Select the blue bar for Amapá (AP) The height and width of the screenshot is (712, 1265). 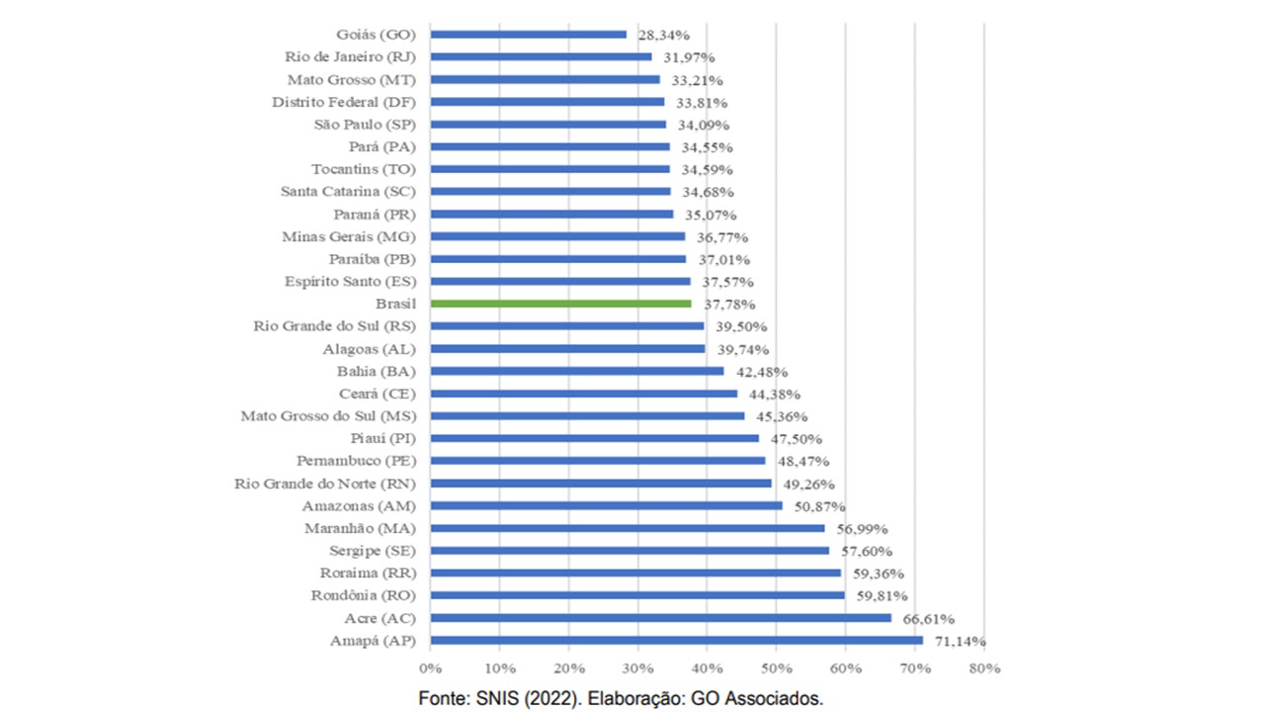click(x=676, y=640)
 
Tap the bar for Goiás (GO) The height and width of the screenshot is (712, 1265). click(x=529, y=35)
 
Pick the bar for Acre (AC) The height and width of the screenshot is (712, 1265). click(x=660, y=618)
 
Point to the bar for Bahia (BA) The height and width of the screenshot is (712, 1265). click(x=577, y=371)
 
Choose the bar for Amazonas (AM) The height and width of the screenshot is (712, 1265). click(x=606, y=505)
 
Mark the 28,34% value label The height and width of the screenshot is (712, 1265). click(x=664, y=35)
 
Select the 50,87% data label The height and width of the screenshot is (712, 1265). click(x=816, y=506)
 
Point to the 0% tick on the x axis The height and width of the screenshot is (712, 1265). click(x=430, y=668)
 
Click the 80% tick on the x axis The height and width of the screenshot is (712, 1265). click(x=984, y=668)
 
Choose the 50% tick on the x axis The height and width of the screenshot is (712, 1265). click(x=776, y=668)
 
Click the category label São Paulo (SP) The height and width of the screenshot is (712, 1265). click(x=364, y=125)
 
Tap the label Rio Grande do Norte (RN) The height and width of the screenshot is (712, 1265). click(x=324, y=484)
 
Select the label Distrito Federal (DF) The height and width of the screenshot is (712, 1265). click(x=343, y=102)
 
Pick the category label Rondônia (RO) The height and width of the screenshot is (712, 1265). click(x=364, y=595)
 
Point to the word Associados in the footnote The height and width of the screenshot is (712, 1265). click(x=775, y=698)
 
